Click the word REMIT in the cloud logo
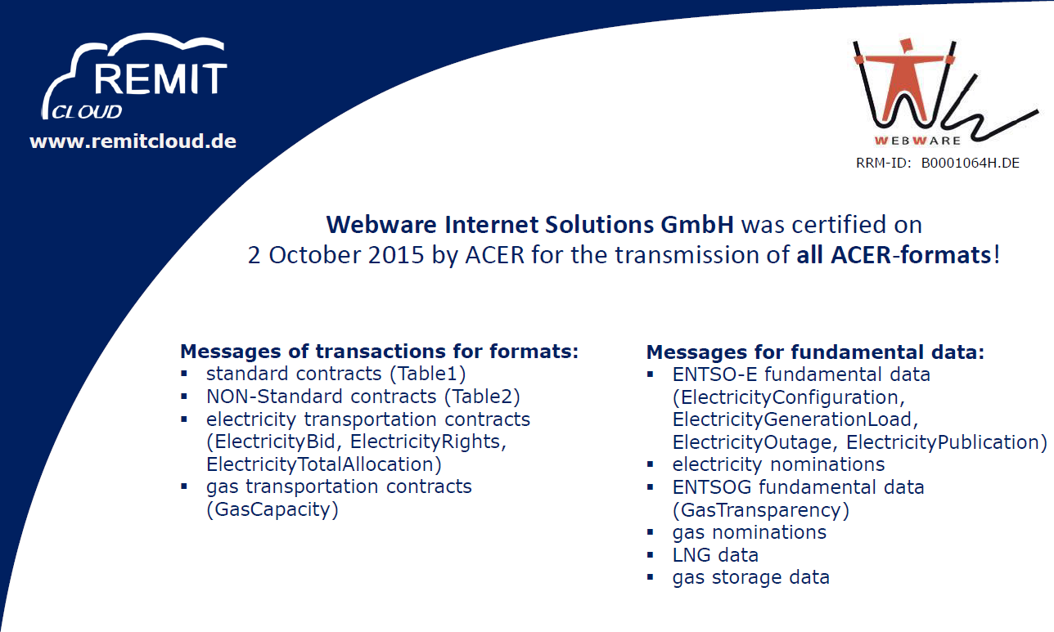point(161,78)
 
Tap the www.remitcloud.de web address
point(133,141)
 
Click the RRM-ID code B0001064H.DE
point(971,164)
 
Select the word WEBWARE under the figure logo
point(917,141)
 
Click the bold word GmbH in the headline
point(697,225)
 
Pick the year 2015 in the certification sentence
point(396,255)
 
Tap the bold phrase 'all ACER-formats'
point(894,255)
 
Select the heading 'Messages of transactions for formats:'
point(379,352)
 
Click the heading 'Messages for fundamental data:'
point(815,352)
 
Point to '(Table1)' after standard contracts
point(428,374)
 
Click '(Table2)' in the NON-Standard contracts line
point(482,397)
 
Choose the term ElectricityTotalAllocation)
point(324,464)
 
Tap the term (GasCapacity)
point(273,509)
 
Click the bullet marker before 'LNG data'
point(651,555)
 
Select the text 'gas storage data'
point(751,577)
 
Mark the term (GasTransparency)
point(761,510)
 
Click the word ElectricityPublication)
point(946,442)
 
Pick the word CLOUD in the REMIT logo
point(87,112)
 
